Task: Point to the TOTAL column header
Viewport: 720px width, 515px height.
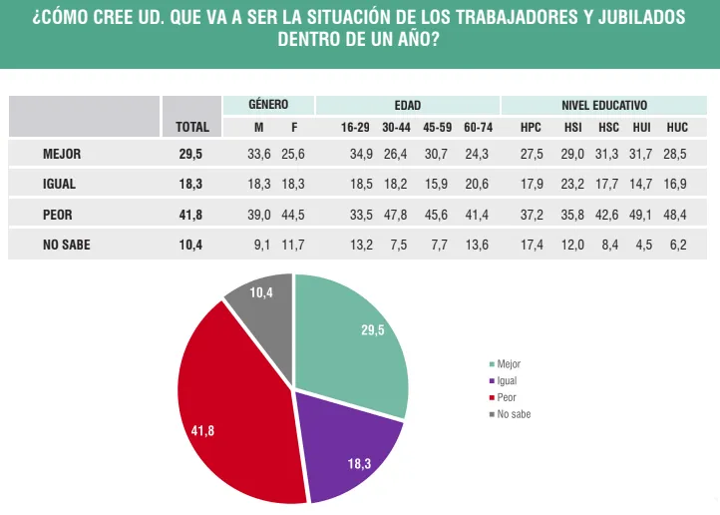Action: pos(191,127)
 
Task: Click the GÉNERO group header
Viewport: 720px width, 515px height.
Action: pos(268,105)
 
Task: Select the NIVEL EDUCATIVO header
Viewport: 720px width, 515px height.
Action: pos(604,105)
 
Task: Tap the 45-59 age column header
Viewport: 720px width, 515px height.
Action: pos(438,127)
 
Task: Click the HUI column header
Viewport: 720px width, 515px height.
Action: pos(641,127)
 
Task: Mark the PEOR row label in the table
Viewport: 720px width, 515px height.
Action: pos(58,215)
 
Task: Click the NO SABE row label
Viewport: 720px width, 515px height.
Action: pos(67,245)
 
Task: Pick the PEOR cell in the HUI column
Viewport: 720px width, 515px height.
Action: pos(641,215)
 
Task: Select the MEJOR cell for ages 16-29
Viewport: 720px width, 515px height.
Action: pos(356,154)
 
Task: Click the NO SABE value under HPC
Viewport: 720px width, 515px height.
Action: pos(532,245)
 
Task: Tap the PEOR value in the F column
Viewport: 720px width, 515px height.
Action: pos(293,215)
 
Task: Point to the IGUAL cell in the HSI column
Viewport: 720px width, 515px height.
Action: pos(572,185)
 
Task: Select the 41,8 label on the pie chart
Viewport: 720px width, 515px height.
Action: pos(202,430)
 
